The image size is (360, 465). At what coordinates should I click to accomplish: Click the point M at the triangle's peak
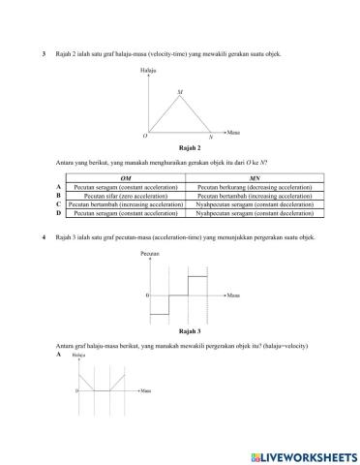click(180, 93)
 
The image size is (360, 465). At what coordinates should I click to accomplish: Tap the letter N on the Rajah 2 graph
click(210, 137)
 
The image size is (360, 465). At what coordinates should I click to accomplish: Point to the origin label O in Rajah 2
click(145, 135)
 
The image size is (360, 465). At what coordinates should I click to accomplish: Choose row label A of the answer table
click(59, 187)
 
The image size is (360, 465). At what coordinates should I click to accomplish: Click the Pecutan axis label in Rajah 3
click(149, 253)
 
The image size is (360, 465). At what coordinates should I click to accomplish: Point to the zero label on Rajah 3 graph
click(146, 294)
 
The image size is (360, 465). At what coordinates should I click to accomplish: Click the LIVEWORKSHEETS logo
click(302, 454)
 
